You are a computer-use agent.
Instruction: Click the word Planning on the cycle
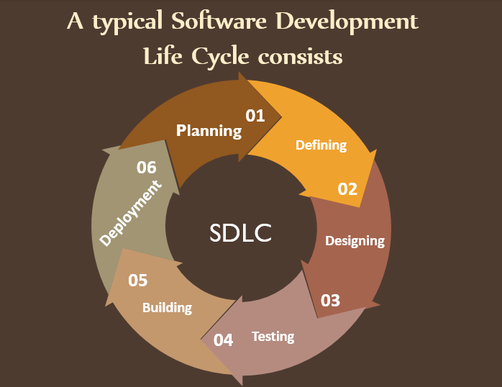point(209,130)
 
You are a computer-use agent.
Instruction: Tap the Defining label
point(321,145)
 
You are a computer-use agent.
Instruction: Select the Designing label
point(355,240)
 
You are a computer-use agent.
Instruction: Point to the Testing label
point(273,336)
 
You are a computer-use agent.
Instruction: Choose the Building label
point(167,307)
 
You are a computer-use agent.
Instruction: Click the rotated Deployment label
point(130,214)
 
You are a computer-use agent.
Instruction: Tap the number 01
point(255,115)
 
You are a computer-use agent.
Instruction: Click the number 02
point(347,188)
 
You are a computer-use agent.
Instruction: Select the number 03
point(330,300)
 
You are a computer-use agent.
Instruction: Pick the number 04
point(223,340)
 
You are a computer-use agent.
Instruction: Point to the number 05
point(138,280)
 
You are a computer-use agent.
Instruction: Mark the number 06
point(147,167)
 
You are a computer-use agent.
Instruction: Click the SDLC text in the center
point(241,232)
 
